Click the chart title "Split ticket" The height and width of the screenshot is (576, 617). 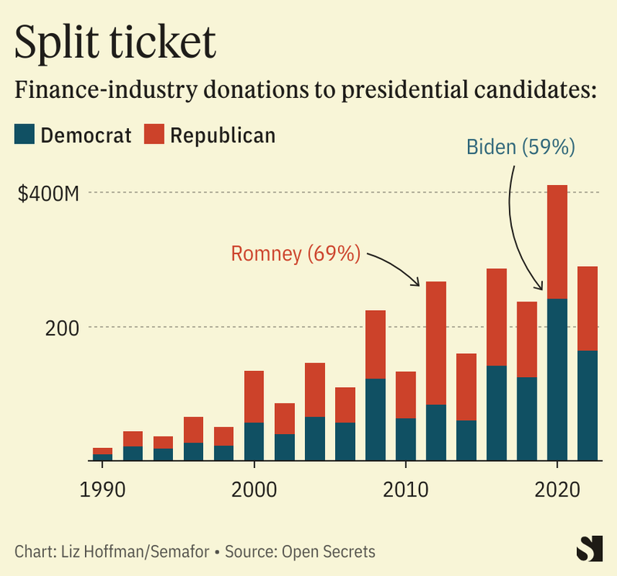pos(115,42)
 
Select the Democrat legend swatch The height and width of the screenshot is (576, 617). pos(25,135)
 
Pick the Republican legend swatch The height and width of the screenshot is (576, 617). pos(154,135)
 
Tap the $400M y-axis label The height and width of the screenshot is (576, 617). pos(49,193)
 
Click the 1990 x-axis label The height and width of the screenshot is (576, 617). pos(103,491)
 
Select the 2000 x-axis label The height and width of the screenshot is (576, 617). pos(254,491)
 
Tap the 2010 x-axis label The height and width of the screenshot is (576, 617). pos(405,491)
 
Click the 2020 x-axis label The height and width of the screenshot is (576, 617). pos(557,491)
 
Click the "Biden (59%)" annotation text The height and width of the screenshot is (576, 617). pos(521,147)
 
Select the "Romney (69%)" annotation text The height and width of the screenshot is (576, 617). pos(297,254)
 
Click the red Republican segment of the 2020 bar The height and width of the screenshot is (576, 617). pos(557,241)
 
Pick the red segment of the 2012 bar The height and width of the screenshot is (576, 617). pos(436,343)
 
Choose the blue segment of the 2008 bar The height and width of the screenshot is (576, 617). pos(375,419)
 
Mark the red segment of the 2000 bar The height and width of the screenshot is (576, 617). pos(254,396)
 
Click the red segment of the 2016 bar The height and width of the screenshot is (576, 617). pos(497,317)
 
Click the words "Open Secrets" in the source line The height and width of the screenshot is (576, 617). pos(328,551)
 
